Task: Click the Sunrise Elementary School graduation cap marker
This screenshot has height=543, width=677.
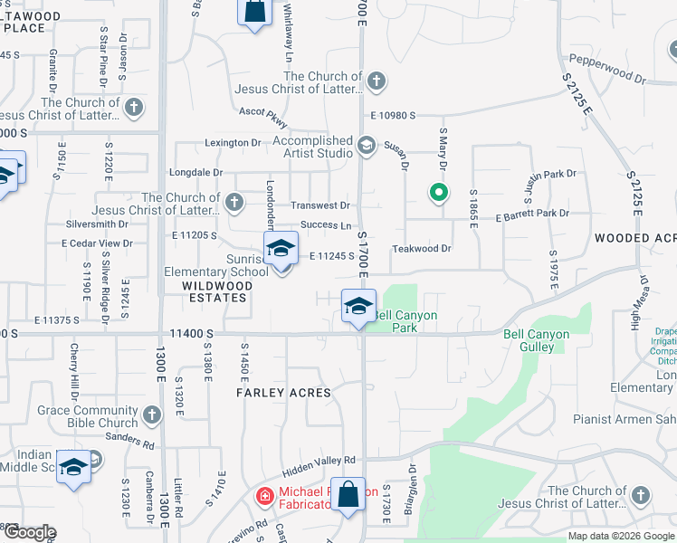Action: (281, 248)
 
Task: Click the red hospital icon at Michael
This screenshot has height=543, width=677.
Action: (264, 495)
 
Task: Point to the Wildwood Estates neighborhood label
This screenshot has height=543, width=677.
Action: (215, 291)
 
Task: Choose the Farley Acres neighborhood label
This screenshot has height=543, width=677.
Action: (284, 393)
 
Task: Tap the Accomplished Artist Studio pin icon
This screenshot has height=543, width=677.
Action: (367, 145)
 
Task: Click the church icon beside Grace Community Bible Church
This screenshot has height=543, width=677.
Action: (152, 415)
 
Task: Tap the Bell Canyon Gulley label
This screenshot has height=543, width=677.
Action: (537, 341)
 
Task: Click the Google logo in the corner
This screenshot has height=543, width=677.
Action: (30, 532)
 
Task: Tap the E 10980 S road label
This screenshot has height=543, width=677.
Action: (393, 115)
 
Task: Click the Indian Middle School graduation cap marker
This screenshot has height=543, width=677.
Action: (72, 466)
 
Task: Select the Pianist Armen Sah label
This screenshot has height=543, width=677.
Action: (625, 419)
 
